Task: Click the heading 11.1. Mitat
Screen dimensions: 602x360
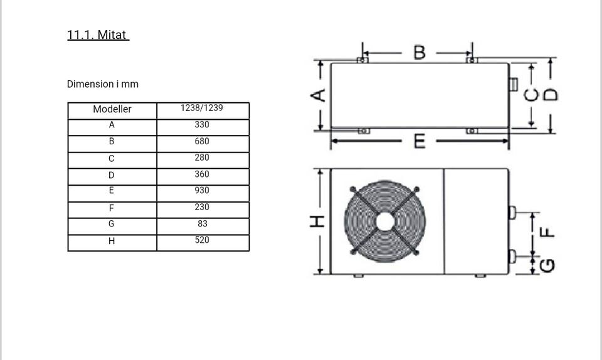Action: pos(98,35)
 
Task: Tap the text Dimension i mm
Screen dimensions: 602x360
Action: pos(102,84)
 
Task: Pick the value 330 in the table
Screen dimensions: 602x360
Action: pos(202,124)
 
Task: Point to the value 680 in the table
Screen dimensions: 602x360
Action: pos(202,141)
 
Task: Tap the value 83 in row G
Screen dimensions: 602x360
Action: pos(203,224)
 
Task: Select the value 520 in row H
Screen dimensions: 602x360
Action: pos(202,240)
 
